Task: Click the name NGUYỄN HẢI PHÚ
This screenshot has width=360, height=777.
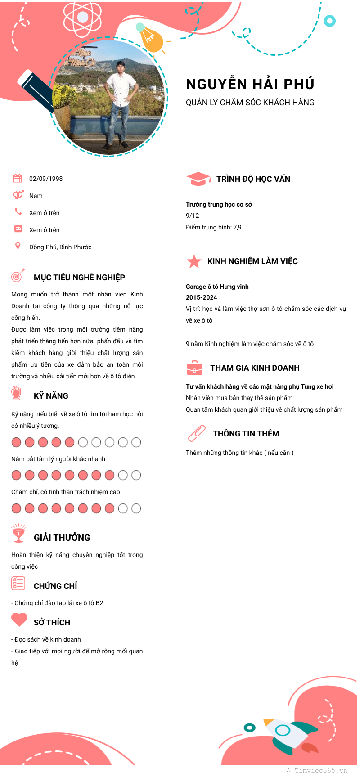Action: click(x=250, y=84)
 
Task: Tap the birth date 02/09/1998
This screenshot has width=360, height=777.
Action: click(x=46, y=179)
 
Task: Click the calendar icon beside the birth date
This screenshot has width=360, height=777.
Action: click(x=18, y=178)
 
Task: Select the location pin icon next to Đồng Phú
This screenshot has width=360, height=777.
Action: click(x=18, y=246)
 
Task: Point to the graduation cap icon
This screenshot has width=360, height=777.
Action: click(x=198, y=179)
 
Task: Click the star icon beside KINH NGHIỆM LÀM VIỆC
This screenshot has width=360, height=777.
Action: click(x=194, y=261)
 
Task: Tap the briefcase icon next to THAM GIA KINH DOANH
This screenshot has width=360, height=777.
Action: click(x=194, y=368)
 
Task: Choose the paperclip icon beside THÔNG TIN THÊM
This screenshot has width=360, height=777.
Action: click(x=197, y=433)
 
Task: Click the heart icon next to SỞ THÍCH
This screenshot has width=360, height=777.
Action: click(x=19, y=620)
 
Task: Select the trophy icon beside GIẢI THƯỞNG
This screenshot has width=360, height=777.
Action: click(x=18, y=534)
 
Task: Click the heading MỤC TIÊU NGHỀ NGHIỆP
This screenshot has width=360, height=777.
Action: click(x=79, y=278)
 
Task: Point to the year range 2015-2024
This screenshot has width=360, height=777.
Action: click(x=202, y=297)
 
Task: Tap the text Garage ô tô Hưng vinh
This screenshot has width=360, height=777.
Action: click(x=217, y=287)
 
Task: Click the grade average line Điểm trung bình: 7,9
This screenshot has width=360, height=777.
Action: click(x=213, y=227)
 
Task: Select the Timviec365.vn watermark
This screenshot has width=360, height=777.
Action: click(x=320, y=770)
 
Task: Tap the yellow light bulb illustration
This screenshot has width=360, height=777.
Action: click(x=150, y=39)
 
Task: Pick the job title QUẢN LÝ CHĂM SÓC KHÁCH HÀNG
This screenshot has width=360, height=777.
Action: click(x=250, y=103)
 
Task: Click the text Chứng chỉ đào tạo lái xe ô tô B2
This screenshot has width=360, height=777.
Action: click(x=58, y=603)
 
